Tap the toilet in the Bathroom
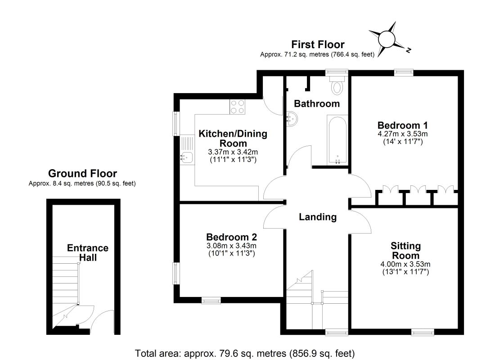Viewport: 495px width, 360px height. [x=337, y=85]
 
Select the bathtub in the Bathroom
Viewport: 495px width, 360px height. [x=337, y=140]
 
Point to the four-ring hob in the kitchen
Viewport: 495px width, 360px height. [x=238, y=107]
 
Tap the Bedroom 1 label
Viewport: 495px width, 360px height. [x=402, y=125]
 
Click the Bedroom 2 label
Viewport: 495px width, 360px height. [x=231, y=237]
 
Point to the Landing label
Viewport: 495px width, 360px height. [x=318, y=217]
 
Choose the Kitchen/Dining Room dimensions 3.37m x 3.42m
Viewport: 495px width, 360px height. [x=233, y=152]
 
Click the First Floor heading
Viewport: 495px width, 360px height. [x=318, y=45]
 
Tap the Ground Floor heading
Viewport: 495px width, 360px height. [x=82, y=174]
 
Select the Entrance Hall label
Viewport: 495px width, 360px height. [x=88, y=253]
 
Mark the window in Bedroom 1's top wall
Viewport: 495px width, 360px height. [x=403, y=71]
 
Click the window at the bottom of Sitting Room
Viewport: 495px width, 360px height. [x=422, y=332]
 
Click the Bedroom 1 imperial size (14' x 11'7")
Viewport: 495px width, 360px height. [x=402, y=141]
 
